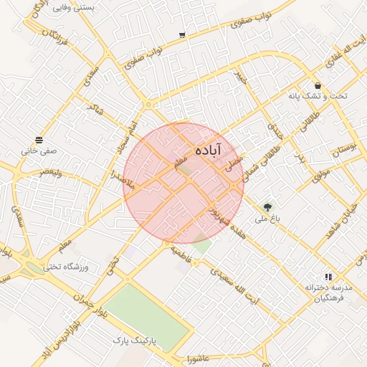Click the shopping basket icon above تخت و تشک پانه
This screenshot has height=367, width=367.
point(318,85)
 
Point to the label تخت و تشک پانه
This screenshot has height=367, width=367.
point(318,96)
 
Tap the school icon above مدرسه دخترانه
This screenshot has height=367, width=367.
point(328,276)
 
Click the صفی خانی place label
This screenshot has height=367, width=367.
point(39,151)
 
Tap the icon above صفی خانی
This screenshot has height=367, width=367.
point(39,140)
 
